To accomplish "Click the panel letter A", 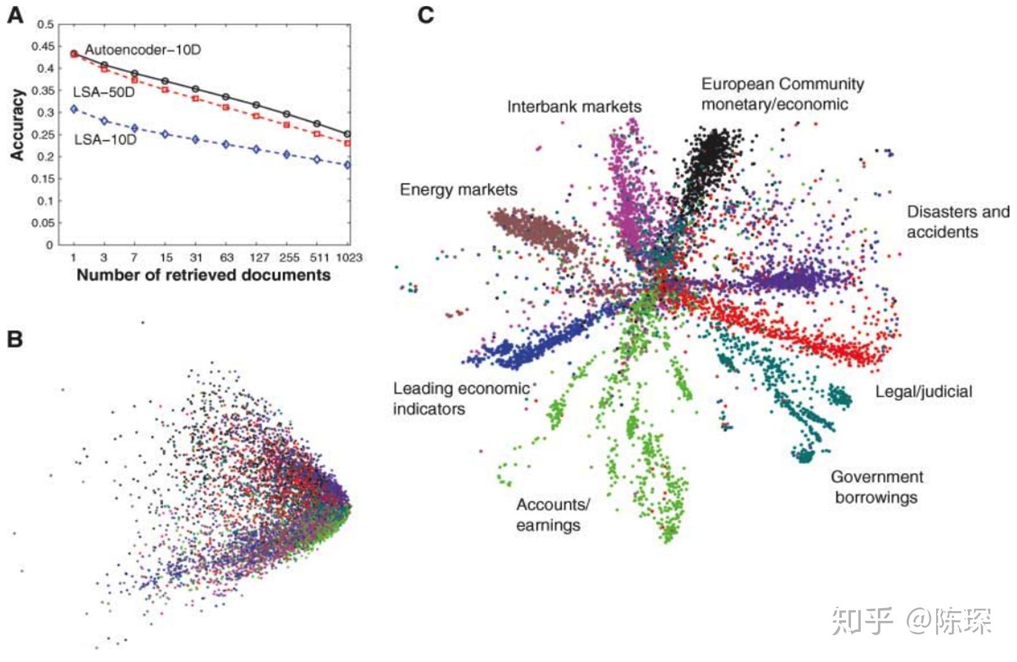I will coord(15,15).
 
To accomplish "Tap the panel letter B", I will coord(15,338).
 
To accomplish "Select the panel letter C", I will coord(426,15).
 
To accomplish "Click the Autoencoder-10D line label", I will coord(143,50).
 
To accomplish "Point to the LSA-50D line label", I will coord(104,93).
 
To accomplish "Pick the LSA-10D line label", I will coord(105,140).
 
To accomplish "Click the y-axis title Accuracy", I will coord(17,125).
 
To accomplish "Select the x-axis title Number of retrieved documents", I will coord(203,275).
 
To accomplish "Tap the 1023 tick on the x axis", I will coord(349,257).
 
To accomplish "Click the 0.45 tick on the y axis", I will coord(43,47).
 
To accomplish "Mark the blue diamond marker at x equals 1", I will coord(74,109).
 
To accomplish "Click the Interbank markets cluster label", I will coord(574,107).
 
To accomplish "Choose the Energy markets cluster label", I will coord(458,189).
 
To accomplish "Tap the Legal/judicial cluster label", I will coord(923,392).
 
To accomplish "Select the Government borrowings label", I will coord(877,487).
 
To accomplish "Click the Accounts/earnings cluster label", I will coord(552,514).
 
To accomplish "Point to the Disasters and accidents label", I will coord(958,221).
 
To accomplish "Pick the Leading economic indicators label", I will coord(461,398).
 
